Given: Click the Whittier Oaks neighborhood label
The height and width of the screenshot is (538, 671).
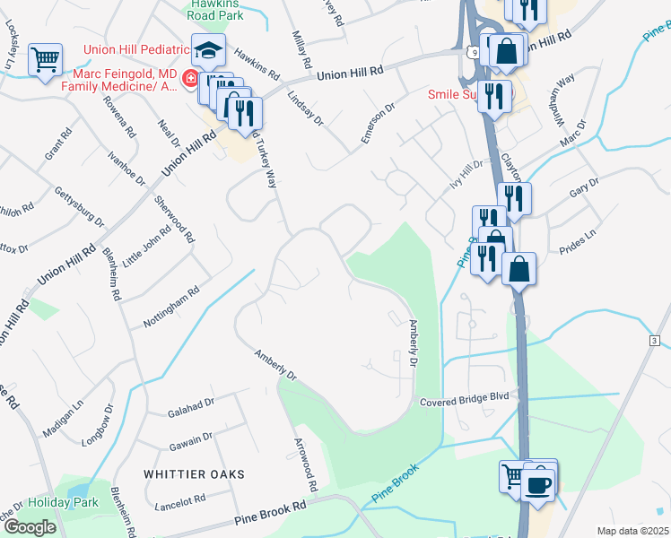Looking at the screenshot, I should (x=193, y=473).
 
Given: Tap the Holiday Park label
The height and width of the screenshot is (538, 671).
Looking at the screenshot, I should (x=62, y=503).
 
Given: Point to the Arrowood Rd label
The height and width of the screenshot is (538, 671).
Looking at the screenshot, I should (x=306, y=465).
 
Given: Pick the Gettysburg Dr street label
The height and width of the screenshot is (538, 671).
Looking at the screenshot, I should (x=80, y=208).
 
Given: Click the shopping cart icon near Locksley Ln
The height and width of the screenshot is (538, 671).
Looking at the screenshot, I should (x=45, y=61).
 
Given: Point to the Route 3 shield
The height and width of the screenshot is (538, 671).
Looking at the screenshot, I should (x=655, y=341).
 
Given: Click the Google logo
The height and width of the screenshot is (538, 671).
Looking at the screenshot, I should (x=29, y=527).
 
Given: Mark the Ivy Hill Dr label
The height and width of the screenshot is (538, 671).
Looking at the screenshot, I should (x=466, y=169).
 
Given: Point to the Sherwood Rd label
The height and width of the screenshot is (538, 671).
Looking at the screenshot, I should (x=174, y=220).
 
